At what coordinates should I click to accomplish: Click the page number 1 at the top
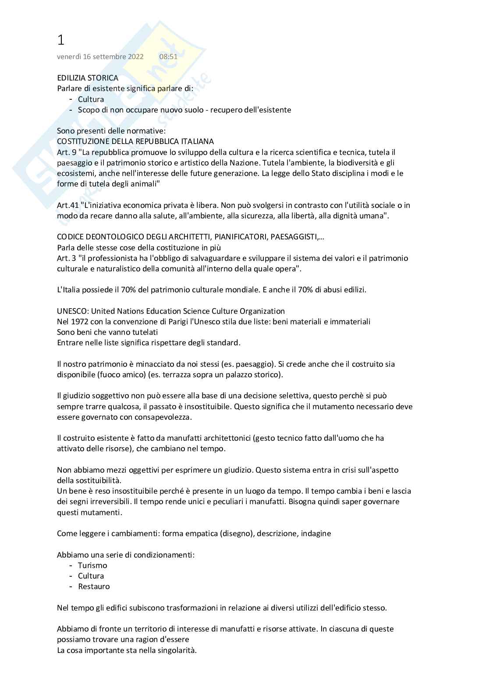pyautogui.click(x=60, y=40)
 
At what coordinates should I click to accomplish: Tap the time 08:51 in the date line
pyautogui.click(x=168, y=56)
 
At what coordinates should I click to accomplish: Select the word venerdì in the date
pyautogui.click(x=70, y=56)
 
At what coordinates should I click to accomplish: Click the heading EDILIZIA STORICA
pyautogui.click(x=88, y=78)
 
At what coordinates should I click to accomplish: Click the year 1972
pyautogui.click(x=80, y=322)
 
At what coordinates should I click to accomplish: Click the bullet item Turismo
pyautogui.click(x=92, y=565)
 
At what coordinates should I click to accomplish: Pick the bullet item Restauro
pyautogui.click(x=94, y=586)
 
